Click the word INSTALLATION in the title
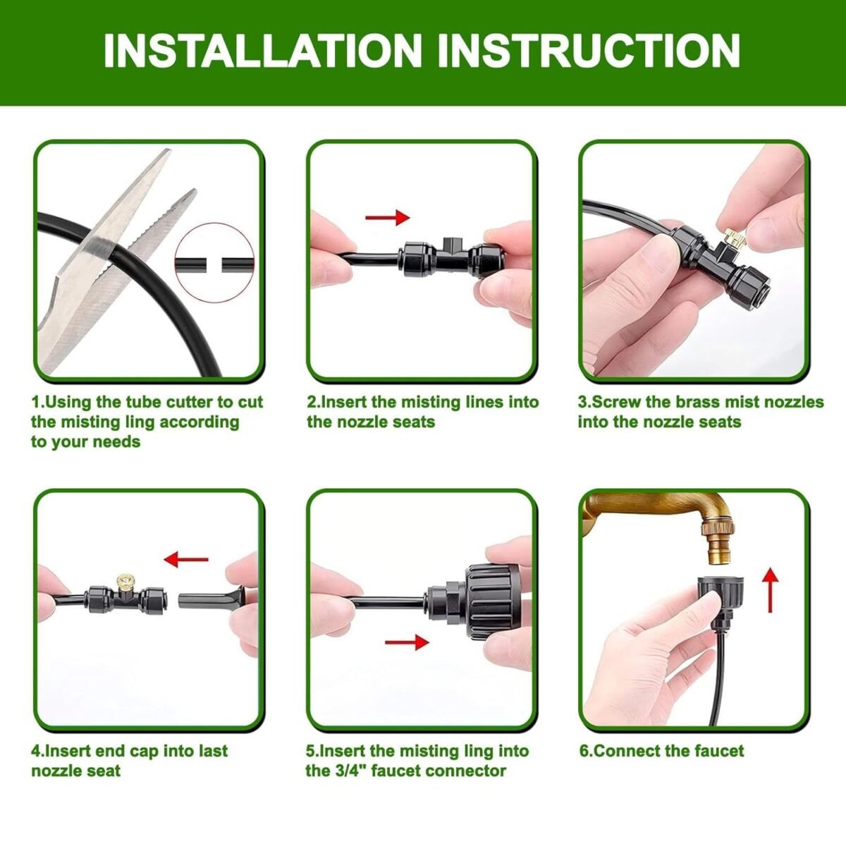click(x=262, y=50)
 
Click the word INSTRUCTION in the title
click(x=589, y=50)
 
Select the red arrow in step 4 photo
click(x=186, y=560)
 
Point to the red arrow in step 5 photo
click(x=407, y=642)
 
